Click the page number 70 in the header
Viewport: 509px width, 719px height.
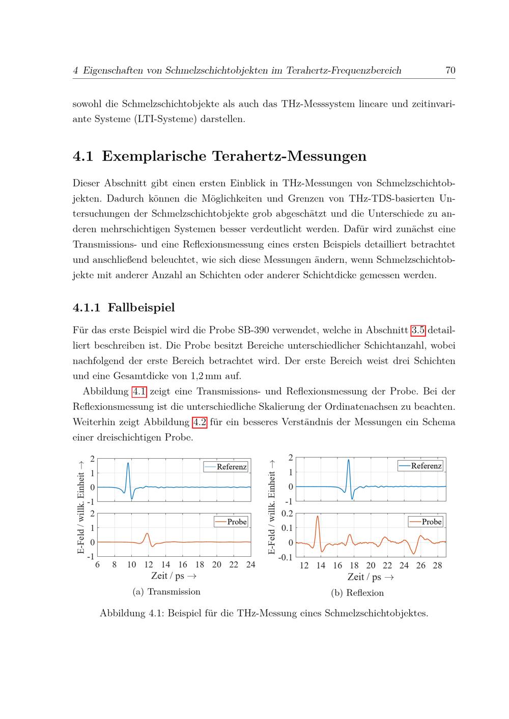450,71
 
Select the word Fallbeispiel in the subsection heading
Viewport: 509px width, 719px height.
141,308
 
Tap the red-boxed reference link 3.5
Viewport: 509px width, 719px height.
418,331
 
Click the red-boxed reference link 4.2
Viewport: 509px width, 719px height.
199,422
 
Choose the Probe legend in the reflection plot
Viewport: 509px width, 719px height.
426,522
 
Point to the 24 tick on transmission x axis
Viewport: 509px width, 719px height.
250,564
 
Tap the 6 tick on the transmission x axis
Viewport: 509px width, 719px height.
97,564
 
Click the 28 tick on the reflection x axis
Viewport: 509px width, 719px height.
437,565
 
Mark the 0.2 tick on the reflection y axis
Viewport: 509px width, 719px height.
287,514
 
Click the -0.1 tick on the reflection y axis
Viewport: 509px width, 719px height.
286,557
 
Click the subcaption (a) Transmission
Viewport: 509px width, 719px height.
166,592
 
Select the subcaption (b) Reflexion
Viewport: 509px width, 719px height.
357,593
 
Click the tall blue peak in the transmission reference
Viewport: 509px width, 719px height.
128,463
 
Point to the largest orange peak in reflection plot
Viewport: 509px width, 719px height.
318,517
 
